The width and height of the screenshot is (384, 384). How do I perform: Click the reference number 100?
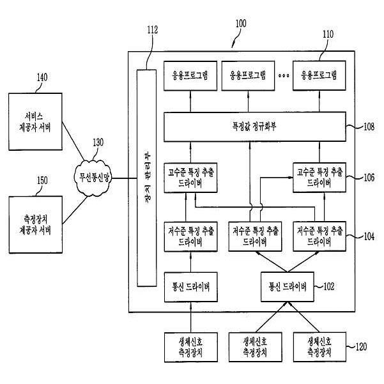point(241,24)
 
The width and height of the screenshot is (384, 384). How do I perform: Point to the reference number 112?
point(153,30)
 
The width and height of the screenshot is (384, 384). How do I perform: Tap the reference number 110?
point(328,34)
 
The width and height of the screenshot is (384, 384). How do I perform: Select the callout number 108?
point(369,127)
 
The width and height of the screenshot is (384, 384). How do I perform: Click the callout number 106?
point(369,178)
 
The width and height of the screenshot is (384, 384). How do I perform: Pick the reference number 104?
point(369,236)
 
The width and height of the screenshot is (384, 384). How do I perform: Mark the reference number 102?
point(328,286)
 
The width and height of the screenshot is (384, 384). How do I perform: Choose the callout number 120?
point(361,346)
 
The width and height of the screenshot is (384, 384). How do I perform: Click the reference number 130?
point(98,142)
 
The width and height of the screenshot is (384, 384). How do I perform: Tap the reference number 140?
point(42,77)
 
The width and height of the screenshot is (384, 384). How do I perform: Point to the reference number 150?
point(42,180)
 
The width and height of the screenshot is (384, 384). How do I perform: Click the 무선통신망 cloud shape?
point(93,178)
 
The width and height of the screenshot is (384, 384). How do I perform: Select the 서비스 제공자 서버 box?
point(35,121)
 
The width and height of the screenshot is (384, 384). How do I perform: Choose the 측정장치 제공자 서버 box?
point(36,224)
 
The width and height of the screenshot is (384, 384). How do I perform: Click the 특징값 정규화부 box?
point(255,127)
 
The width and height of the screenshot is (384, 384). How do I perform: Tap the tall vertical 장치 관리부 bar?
point(146,178)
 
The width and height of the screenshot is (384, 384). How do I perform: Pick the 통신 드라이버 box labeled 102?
point(288,287)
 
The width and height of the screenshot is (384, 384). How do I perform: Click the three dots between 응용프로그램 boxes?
point(284,75)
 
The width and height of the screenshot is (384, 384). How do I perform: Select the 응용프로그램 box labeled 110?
point(319,75)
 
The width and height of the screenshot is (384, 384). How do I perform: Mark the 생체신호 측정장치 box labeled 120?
point(319,347)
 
